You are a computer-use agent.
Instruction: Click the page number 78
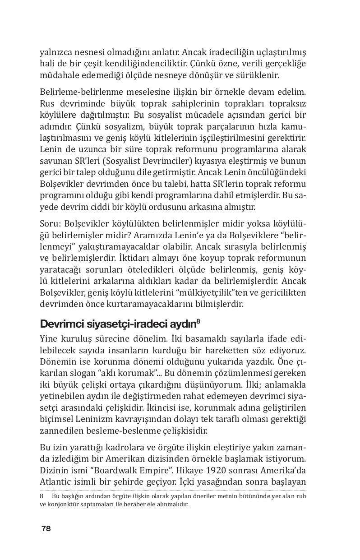46,529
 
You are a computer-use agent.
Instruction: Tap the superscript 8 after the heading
198,321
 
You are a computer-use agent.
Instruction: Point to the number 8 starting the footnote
42,495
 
